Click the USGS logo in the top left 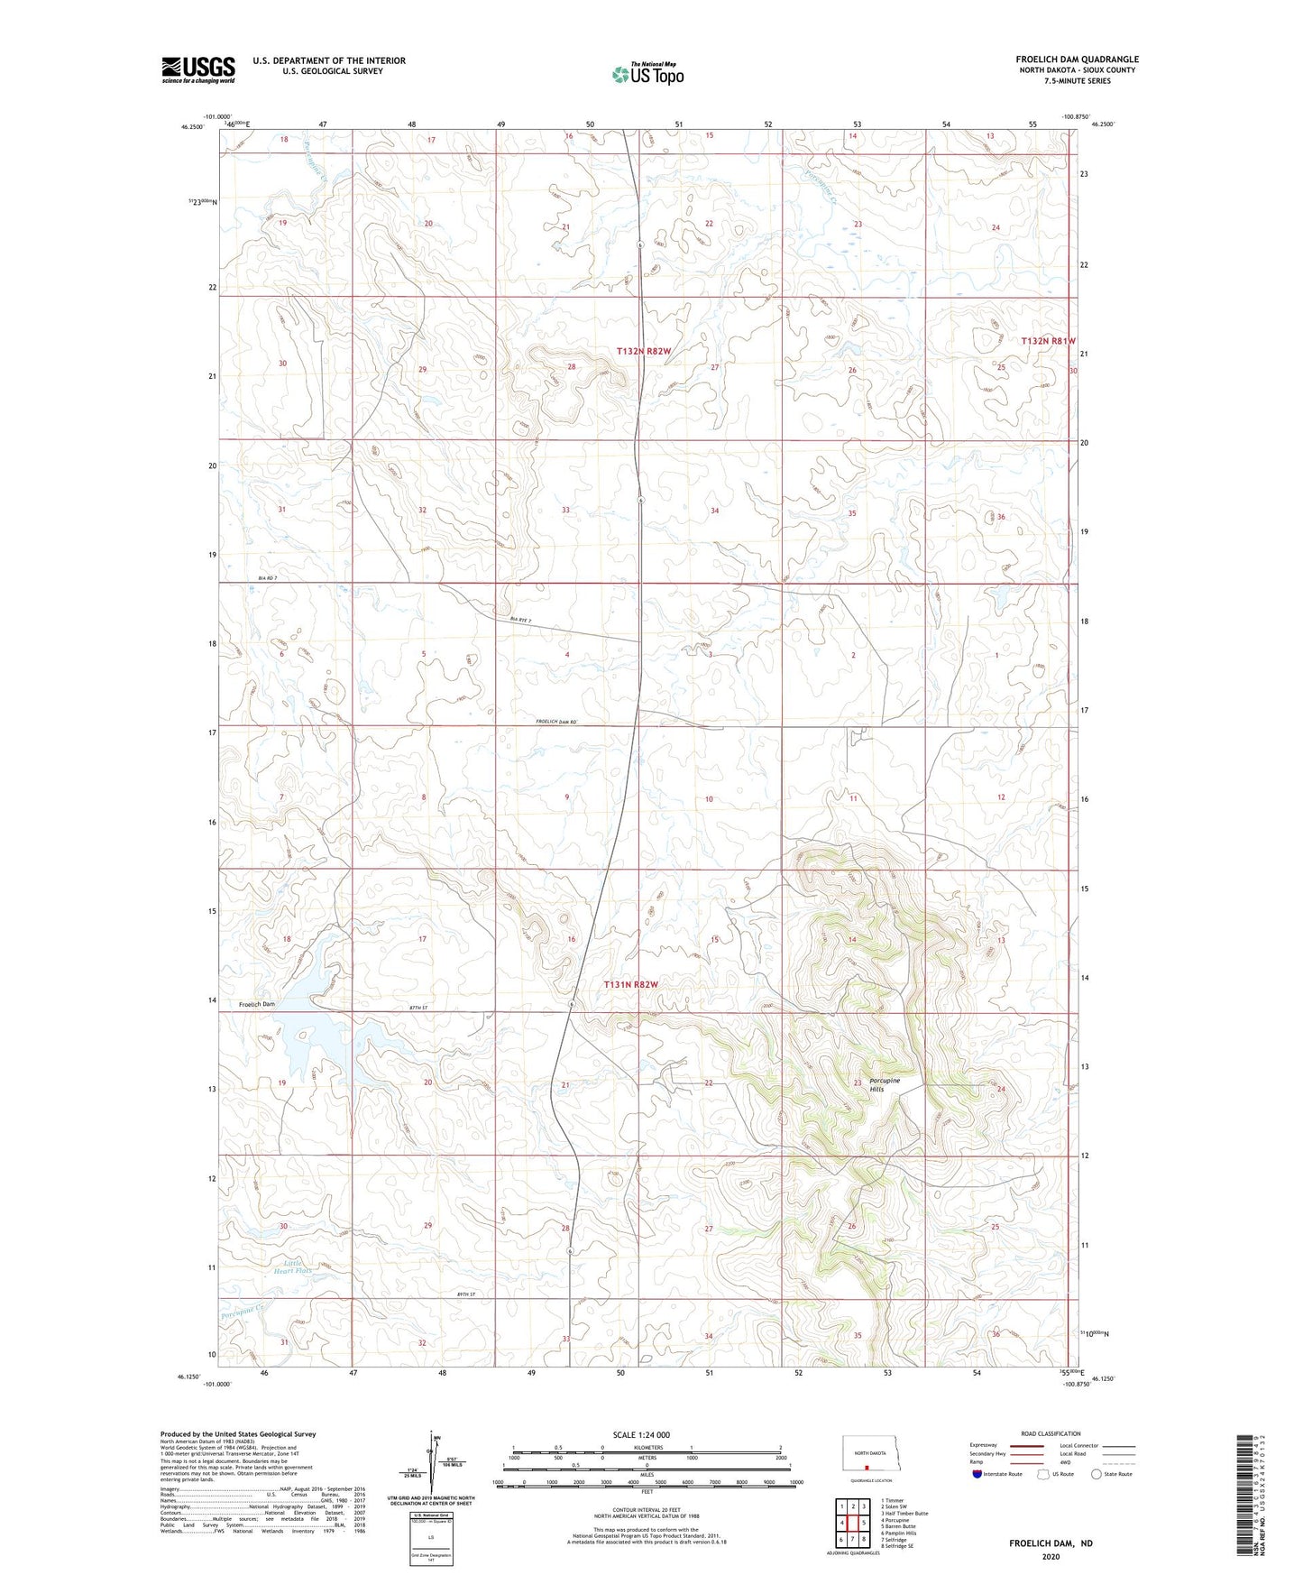(198, 69)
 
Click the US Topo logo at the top (647, 74)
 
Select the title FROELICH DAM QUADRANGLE (1077, 60)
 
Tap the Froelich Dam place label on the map (257, 1004)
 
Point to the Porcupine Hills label (884, 1084)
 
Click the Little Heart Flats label (293, 1267)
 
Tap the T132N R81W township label (1049, 341)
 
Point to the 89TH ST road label (464, 1294)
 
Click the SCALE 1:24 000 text (641, 1434)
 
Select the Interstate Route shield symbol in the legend (977, 1474)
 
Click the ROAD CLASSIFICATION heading (1051, 1433)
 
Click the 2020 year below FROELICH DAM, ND (1051, 1557)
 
